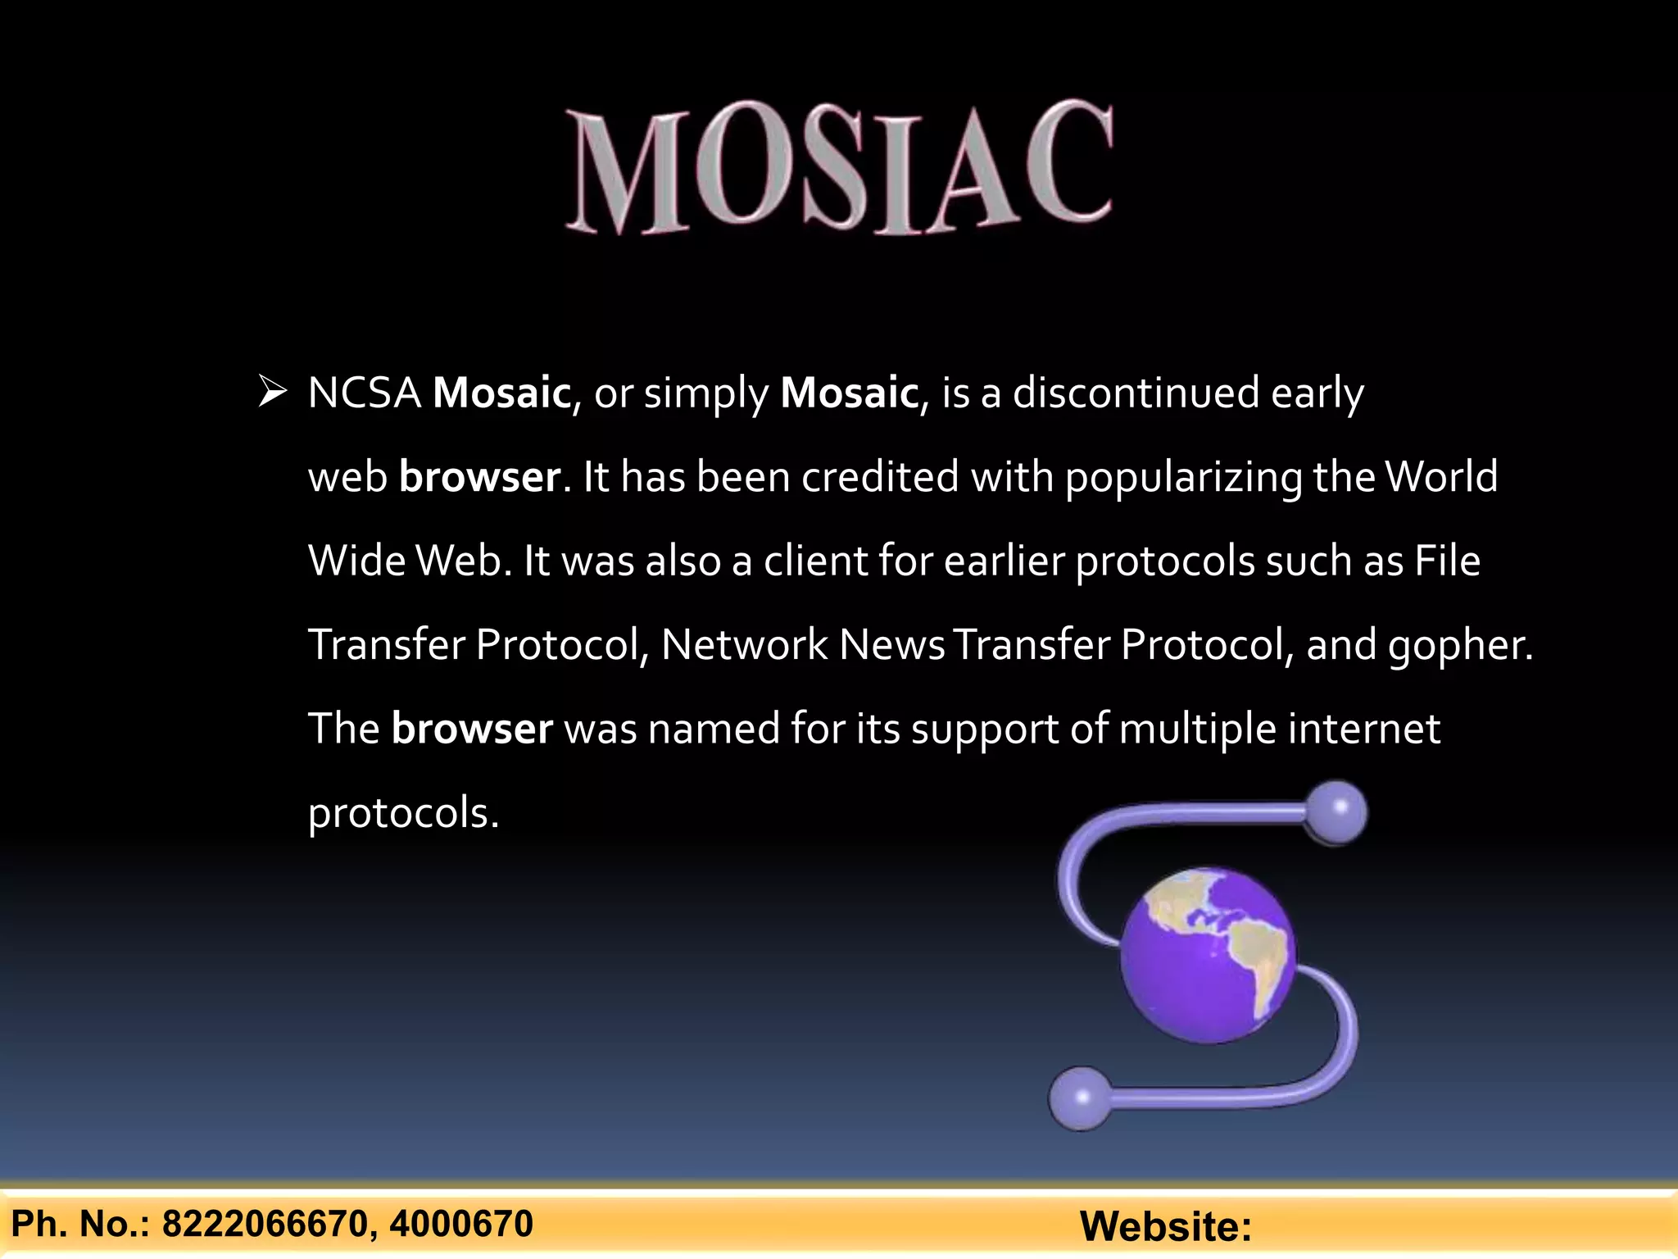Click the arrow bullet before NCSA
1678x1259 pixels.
(x=272, y=392)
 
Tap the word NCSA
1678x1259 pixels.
(x=365, y=393)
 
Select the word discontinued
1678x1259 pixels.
(x=1136, y=393)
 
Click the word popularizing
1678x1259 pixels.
(x=1183, y=479)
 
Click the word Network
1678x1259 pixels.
(x=744, y=645)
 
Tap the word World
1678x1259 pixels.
(x=1441, y=477)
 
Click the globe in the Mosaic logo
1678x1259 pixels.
(x=1208, y=956)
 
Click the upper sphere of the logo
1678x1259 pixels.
(x=1336, y=812)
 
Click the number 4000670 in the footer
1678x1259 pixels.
(x=461, y=1225)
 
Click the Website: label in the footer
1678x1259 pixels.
(x=1165, y=1227)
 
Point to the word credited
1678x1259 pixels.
(x=880, y=477)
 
